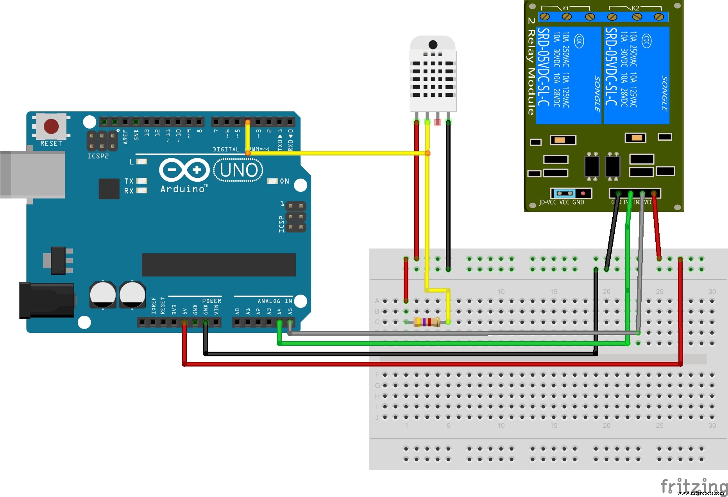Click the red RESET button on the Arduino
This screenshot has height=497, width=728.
51,126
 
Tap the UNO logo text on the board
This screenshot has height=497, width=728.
239,170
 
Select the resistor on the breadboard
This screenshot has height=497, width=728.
427,322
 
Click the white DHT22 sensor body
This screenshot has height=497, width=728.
433,78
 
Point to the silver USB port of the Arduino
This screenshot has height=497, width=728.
33,174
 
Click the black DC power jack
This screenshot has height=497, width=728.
47,300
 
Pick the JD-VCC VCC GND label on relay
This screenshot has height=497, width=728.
561,202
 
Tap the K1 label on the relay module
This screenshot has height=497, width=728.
565,8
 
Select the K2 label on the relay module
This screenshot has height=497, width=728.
635,8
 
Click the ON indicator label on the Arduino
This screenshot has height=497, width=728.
284,181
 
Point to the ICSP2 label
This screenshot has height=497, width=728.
98,156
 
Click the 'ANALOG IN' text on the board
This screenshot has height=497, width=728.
275,301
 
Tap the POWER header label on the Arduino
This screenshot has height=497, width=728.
211,301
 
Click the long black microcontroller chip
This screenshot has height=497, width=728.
218,265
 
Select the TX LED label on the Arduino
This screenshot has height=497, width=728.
129,181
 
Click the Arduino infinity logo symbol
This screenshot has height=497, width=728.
184,170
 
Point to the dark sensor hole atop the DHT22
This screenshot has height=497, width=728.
433,45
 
